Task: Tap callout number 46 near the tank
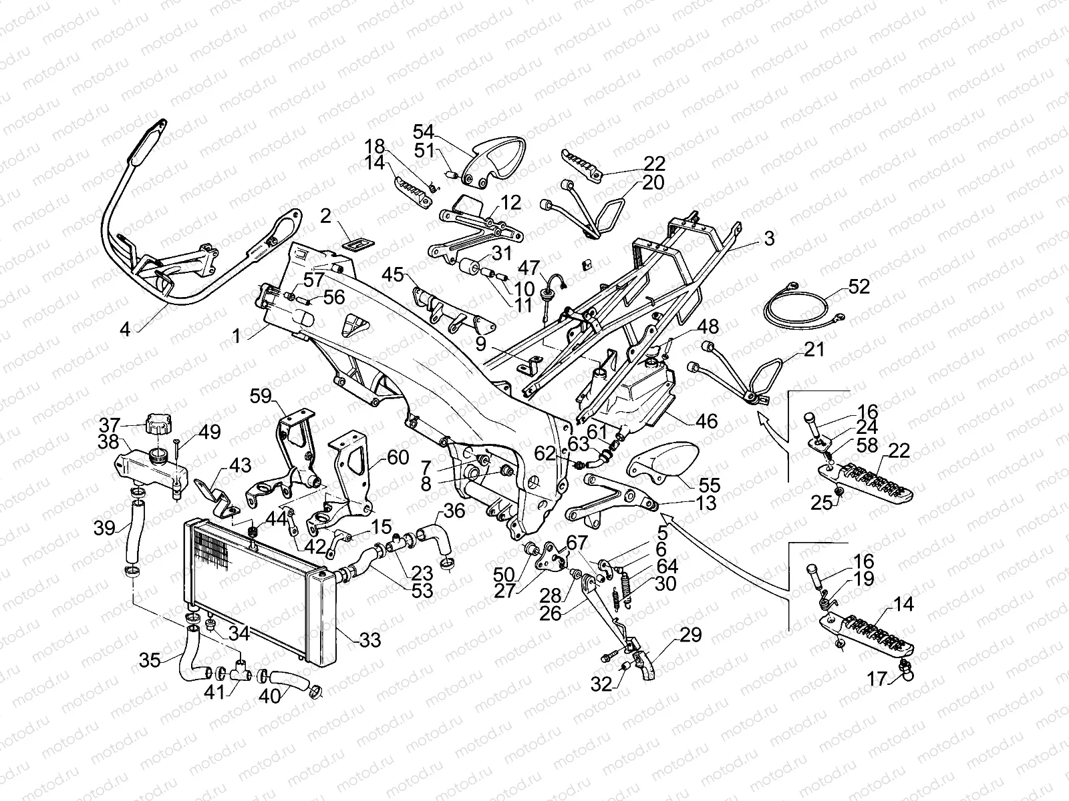706,421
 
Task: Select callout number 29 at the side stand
691,635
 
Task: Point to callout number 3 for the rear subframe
769,238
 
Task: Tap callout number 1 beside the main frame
237,335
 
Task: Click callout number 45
394,275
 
